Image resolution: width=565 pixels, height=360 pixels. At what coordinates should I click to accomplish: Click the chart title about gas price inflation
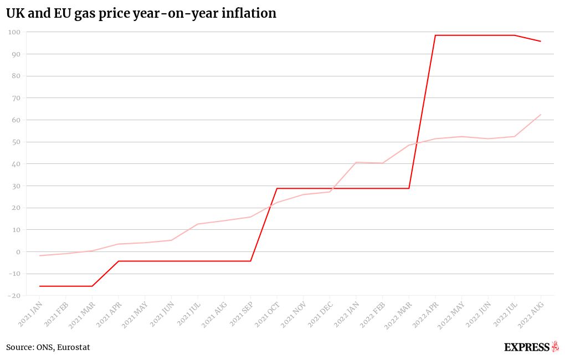141,13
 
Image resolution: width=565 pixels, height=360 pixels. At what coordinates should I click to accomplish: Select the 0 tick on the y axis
18,252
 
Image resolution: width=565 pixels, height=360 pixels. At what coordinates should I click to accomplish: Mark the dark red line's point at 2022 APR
435,35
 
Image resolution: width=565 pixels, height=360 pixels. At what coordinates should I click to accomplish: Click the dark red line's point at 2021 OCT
277,188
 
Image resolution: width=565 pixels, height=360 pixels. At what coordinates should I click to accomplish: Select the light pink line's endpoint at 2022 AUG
541,115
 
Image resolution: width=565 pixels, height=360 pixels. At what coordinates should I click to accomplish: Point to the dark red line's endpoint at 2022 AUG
541,42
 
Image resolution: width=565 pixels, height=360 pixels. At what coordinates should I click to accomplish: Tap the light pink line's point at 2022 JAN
356,162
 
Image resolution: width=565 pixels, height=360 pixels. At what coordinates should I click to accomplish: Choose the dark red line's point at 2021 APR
119,261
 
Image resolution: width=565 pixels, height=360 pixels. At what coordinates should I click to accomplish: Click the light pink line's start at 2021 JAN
39,255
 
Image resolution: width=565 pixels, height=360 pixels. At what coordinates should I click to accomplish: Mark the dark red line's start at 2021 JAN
39,286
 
